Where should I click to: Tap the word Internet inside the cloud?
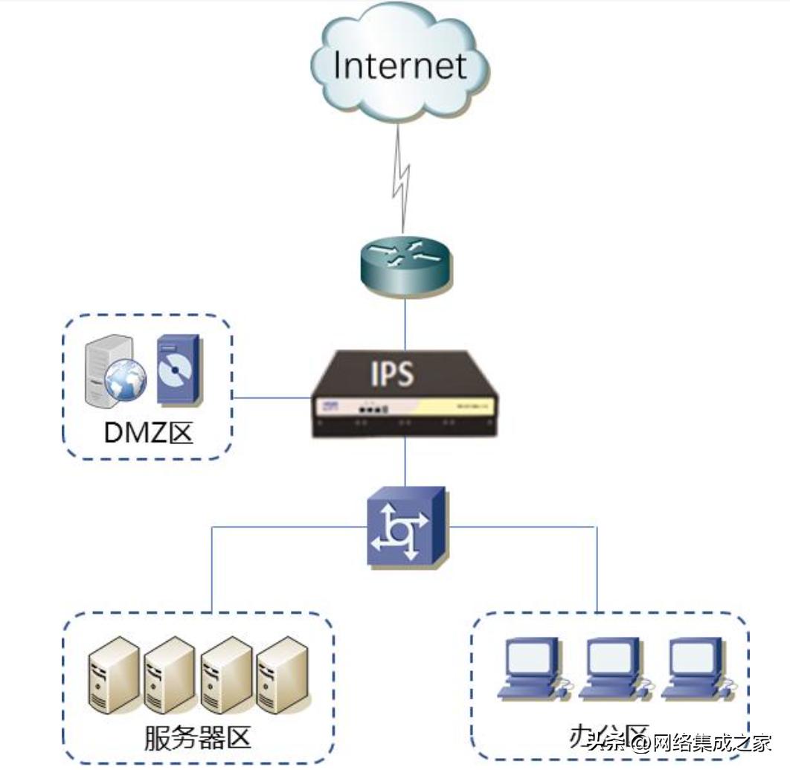tap(400, 65)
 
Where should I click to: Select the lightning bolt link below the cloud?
tap(402, 179)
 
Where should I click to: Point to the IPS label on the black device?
tap(392, 374)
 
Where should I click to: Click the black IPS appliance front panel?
tap(405, 409)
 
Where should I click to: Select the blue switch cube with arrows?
tap(405, 526)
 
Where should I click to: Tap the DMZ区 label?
tap(149, 433)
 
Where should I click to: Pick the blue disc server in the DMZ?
tap(178, 369)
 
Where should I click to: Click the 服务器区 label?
tap(197, 738)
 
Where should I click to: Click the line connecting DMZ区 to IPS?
tap(272, 397)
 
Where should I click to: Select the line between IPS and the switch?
tap(405, 461)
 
